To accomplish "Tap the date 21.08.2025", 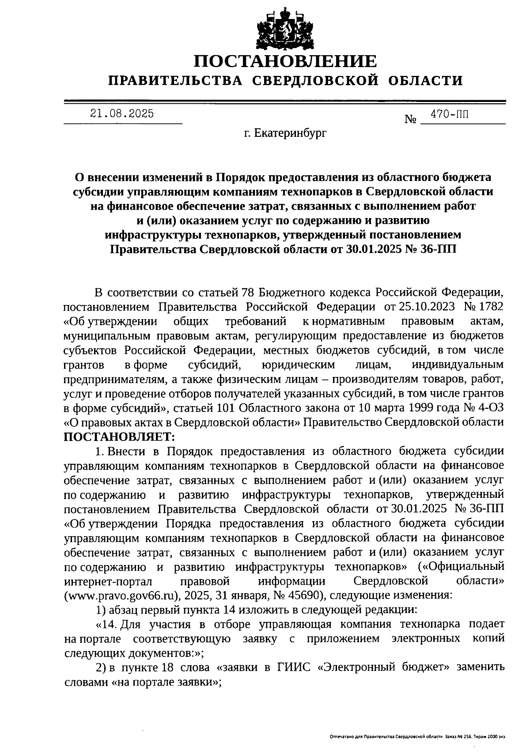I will pos(122,114).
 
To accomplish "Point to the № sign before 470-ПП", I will pos(410,119).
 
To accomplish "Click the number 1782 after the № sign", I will pos(490,307).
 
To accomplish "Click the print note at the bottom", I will pos(417,737).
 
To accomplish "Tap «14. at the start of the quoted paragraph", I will pos(106,624).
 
